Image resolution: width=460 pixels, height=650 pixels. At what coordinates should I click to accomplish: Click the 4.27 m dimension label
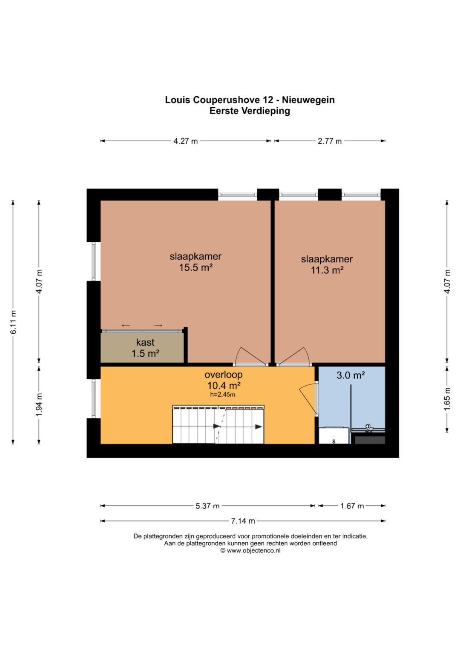(185, 141)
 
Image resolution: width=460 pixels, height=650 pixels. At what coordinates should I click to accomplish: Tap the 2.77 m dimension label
(329, 141)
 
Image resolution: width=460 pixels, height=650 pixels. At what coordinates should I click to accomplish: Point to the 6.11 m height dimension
(13, 322)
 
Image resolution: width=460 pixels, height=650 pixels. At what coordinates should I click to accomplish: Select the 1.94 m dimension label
(39, 404)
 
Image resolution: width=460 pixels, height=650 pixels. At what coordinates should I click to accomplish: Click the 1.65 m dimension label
(447, 399)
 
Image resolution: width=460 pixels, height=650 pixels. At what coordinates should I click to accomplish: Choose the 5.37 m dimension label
(207, 506)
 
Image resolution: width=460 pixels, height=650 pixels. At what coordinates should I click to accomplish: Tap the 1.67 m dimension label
(352, 506)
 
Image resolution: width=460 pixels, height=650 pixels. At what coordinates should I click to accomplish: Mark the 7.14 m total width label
(243, 521)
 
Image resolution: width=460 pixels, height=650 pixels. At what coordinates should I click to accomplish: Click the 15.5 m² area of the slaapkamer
(196, 267)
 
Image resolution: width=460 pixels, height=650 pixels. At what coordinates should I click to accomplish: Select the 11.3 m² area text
(327, 270)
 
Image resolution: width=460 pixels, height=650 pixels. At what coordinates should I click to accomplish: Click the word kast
(145, 342)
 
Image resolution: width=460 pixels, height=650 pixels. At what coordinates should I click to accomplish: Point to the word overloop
(223, 375)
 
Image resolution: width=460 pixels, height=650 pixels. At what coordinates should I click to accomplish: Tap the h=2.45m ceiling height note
(223, 394)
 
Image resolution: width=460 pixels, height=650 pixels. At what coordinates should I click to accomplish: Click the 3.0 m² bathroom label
(351, 375)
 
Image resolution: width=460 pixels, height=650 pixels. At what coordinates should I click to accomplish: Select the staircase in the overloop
(218, 424)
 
